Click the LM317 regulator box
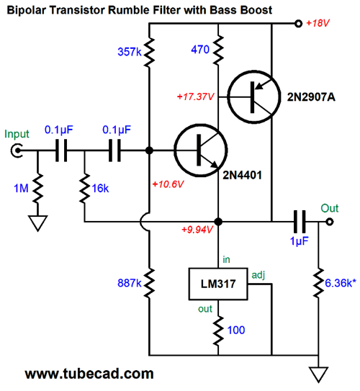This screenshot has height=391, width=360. [x=218, y=284]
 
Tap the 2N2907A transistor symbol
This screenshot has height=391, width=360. [x=253, y=97]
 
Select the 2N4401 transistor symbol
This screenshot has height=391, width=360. [x=200, y=150]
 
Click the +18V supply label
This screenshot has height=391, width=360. [x=318, y=23]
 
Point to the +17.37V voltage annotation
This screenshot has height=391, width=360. [x=196, y=96]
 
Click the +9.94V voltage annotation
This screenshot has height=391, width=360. [x=197, y=230]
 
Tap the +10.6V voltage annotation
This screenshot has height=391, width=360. [x=168, y=184]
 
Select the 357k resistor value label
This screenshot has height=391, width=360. [x=130, y=52]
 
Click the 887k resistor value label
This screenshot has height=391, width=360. [x=130, y=283]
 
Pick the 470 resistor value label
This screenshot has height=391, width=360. [x=200, y=50]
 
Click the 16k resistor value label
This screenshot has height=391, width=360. [x=100, y=189]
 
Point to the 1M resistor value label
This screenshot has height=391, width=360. [x=21, y=188]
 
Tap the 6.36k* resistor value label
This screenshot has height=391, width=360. [x=341, y=283]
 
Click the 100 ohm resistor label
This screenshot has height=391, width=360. [x=236, y=331]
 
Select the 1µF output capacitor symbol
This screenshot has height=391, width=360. [x=300, y=222]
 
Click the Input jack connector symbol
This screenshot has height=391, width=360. [x=17, y=150]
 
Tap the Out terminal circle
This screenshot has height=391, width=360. [x=330, y=222]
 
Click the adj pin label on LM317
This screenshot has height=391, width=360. [x=258, y=275]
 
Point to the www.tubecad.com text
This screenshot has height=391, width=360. [x=89, y=374]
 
